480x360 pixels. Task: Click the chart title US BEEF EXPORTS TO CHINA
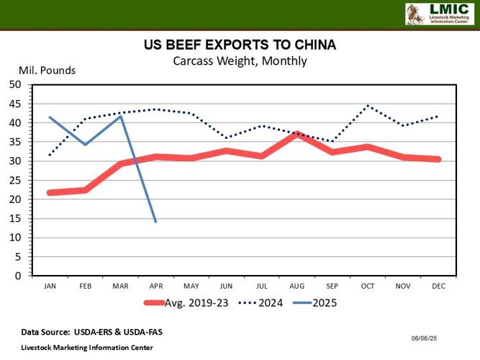(x=240, y=45)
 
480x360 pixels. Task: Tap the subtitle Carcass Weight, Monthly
(x=240, y=60)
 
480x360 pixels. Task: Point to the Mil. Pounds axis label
(x=47, y=71)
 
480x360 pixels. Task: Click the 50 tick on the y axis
(x=15, y=84)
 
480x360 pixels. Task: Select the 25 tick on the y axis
(x=15, y=180)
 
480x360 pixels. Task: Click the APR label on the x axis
(x=155, y=286)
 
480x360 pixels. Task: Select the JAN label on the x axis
(x=50, y=286)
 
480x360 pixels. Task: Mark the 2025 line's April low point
(x=155, y=221)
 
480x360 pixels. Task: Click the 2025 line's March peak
(x=120, y=116)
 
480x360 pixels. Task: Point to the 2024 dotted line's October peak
(x=368, y=106)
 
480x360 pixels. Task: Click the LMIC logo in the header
(x=439, y=14)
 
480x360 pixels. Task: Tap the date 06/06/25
(x=425, y=337)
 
